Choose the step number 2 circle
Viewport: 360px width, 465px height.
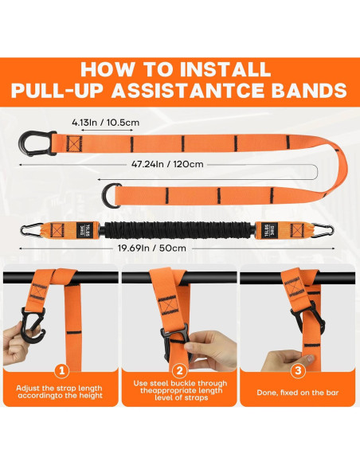[179, 371]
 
